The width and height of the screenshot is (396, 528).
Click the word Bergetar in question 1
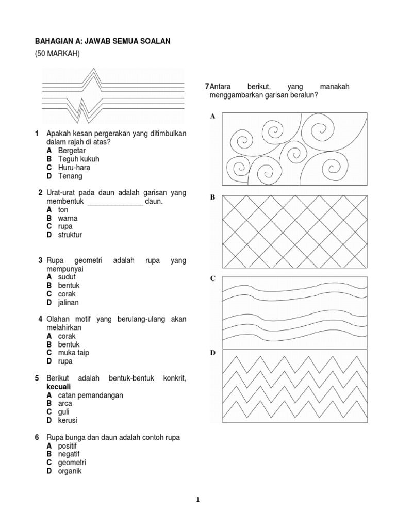[x=72, y=151]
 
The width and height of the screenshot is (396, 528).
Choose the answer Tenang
[x=70, y=176]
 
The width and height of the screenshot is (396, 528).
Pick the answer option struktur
[x=70, y=235]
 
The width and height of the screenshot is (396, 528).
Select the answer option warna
[x=68, y=218]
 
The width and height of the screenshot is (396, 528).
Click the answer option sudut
[x=67, y=277]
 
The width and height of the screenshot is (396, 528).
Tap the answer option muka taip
[x=74, y=353]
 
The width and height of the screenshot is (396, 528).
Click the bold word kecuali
[x=58, y=386]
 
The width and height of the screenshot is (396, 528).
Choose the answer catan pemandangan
[x=90, y=395]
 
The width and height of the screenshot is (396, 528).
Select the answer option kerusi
[x=68, y=420]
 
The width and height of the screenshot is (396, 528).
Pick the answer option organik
[x=70, y=471]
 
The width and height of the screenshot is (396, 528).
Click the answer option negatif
[x=69, y=454]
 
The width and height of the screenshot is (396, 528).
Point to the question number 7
[x=207, y=87]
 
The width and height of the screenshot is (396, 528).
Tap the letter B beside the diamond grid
[x=212, y=197]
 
